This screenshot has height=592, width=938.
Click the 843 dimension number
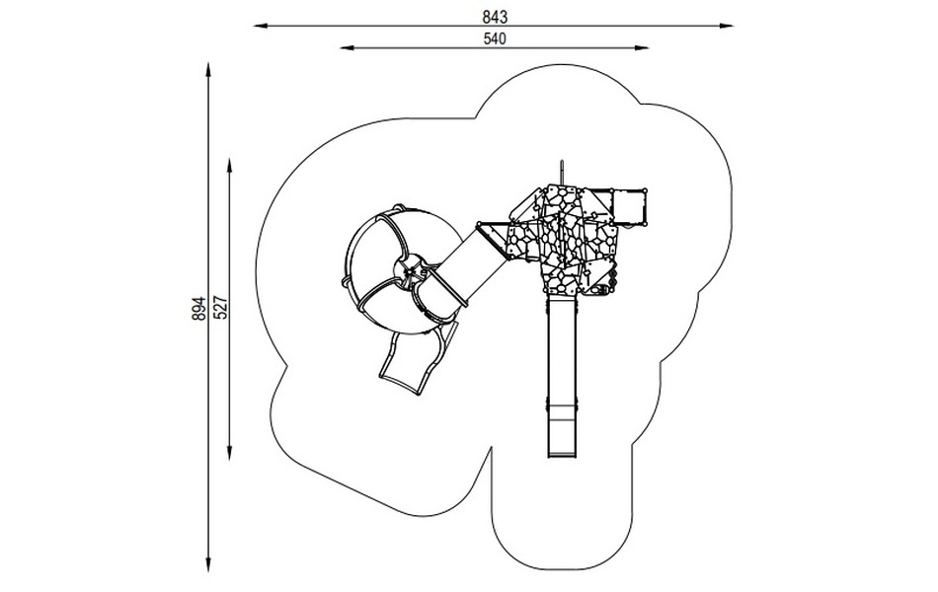[495, 18]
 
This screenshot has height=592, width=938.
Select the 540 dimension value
[495, 38]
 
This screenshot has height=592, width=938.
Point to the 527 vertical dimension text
[220, 308]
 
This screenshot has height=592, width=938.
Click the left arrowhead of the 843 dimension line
[261, 26]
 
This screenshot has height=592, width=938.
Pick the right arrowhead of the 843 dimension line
[727, 26]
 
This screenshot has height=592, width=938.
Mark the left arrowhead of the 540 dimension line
[347, 47]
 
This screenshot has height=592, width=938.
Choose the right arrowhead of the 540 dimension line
[642, 47]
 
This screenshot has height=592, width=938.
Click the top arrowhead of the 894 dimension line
[208, 69]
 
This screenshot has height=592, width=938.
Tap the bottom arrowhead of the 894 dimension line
[208, 565]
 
